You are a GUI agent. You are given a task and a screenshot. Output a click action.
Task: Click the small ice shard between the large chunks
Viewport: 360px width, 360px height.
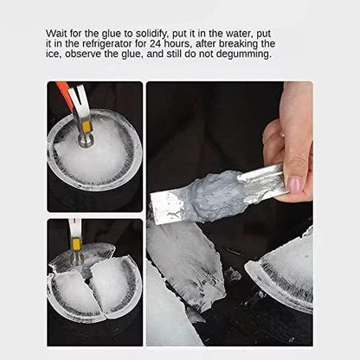click(x=231, y=274)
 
